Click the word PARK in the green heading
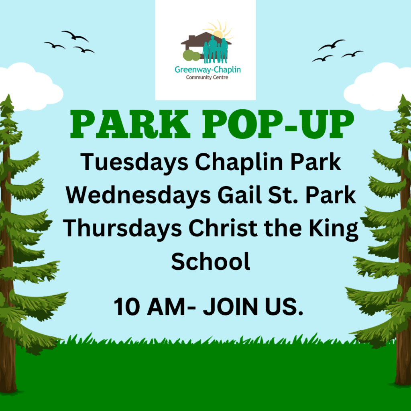coord(130,124)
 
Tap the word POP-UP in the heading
coord(279,124)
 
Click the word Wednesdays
coord(138,195)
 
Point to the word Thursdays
coord(122,228)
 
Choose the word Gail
coord(240,195)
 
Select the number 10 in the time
coord(127,307)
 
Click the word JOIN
coord(231,307)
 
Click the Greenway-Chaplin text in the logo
coord(208,70)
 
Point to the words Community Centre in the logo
coord(207,77)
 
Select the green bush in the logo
coord(191,55)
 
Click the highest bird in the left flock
coord(75,36)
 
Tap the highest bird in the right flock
coord(331,45)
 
